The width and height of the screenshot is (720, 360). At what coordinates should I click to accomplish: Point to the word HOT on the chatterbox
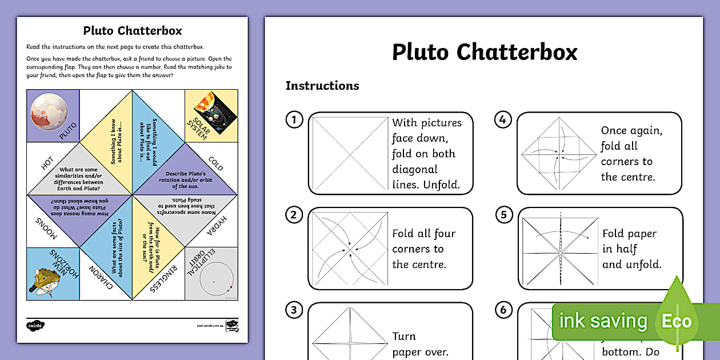point(47,164)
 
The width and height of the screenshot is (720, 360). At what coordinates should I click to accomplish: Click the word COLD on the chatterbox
point(215,164)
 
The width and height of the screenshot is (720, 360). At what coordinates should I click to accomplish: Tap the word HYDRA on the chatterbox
point(217,226)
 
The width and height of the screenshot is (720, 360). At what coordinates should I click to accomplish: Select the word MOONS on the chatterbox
point(46,227)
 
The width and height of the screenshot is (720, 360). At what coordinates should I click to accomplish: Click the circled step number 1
point(294,120)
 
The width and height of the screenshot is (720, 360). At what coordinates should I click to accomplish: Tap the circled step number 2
point(294,215)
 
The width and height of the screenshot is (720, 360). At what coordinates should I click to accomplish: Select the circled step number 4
point(502,120)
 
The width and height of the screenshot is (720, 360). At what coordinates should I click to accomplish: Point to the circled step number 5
point(503,215)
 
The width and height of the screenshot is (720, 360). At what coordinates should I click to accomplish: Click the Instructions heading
point(322,86)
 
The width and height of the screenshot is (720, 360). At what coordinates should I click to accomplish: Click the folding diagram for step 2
point(348,248)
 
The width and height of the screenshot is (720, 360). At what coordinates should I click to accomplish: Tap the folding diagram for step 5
point(559,249)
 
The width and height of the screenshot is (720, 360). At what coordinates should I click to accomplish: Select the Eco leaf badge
point(677,320)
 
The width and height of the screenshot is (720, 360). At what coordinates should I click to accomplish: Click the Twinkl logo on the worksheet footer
point(35,326)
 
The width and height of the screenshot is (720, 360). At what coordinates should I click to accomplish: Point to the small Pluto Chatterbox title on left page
point(133,30)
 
